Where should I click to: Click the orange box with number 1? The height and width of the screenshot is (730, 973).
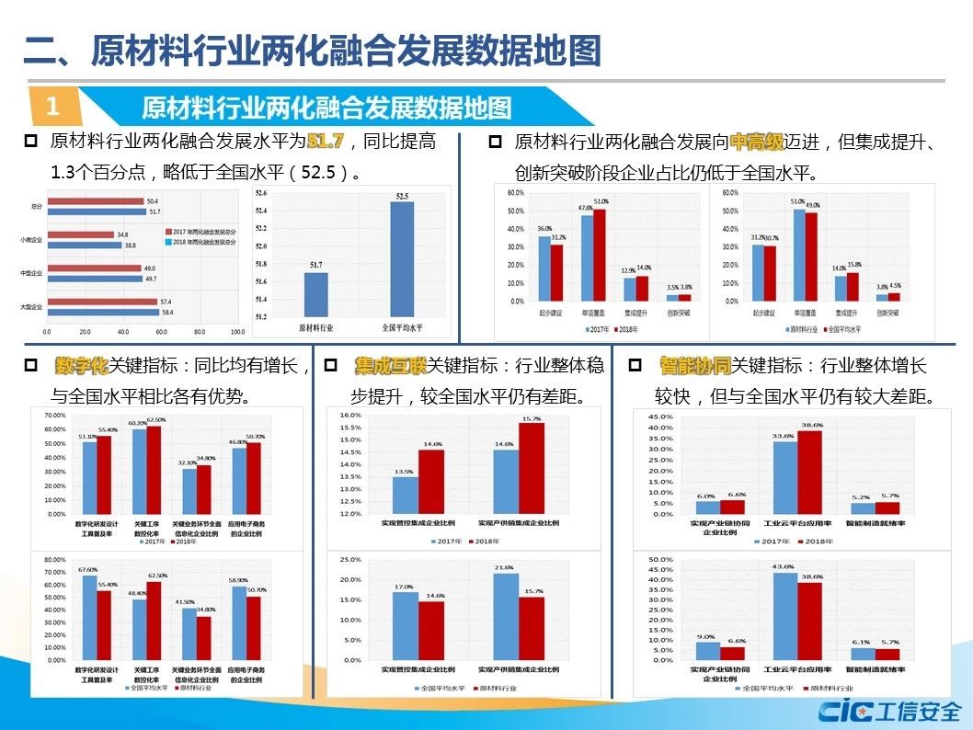pyautogui.click(x=52, y=106)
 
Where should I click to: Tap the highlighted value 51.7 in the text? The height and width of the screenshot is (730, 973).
pyautogui.click(x=325, y=142)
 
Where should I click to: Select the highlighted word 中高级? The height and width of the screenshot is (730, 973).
pyautogui.click(x=756, y=142)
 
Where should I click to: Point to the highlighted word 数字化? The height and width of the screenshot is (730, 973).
pyautogui.click(x=82, y=366)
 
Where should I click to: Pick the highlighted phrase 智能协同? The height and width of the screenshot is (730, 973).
pyautogui.click(x=694, y=366)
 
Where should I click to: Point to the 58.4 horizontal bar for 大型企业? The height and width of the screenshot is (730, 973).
pyautogui.click(x=102, y=313)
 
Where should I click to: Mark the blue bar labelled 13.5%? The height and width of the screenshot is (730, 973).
pyautogui.click(x=406, y=496)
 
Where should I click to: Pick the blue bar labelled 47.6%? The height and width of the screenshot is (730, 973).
pyautogui.click(x=586, y=258)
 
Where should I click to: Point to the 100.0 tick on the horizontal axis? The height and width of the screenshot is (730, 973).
pyautogui.click(x=237, y=331)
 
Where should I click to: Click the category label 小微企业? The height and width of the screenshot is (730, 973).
pyautogui.click(x=31, y=240)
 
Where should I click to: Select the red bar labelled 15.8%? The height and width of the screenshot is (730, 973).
pyautogui.click(x=853, y=287)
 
